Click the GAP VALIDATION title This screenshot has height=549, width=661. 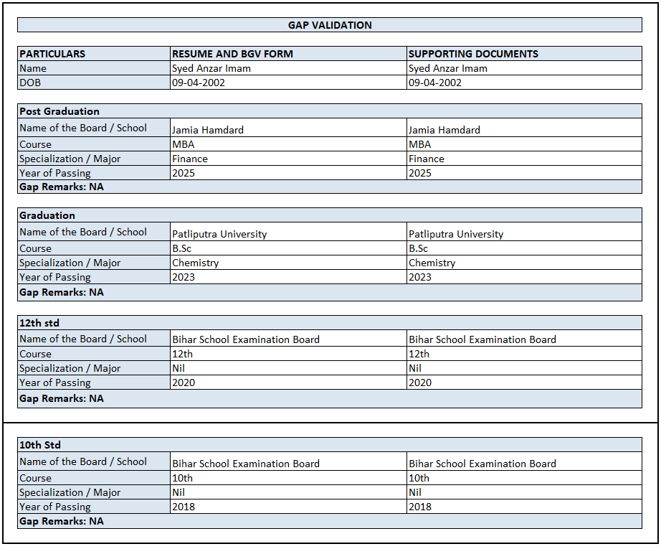point(330,25)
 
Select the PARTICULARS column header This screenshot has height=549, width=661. point(52,54)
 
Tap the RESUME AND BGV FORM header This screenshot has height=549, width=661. point(232,54)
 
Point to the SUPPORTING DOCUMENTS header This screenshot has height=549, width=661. point(473,54)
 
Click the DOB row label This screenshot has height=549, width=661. point(30,83)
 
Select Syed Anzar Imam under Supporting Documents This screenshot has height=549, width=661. point(448,68)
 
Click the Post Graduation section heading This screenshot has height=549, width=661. point(60,111)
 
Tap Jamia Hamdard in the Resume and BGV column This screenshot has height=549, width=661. point(208,130)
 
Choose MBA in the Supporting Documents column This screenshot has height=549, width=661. point(420,144)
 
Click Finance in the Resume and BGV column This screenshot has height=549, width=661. point(190,159)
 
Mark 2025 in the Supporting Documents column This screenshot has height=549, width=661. point(420,173)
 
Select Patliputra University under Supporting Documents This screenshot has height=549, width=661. point(456,234)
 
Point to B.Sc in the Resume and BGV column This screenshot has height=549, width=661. point(182,248)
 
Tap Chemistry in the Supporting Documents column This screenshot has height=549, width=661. point(432,263)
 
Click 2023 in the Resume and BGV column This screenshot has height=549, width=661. point(184,277)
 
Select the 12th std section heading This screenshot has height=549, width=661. point(39,323)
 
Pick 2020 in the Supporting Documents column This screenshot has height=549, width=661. point(420,383)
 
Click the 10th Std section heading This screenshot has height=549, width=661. point(40,445)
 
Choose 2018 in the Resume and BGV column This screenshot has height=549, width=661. point(184,507)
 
